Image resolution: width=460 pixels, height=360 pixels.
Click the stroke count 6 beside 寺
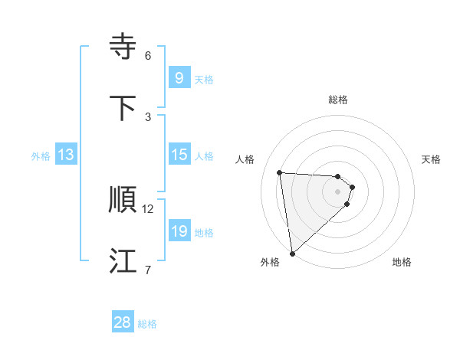148,56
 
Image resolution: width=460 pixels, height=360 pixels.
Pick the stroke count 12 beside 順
148,208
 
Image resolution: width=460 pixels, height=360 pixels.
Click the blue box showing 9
179,78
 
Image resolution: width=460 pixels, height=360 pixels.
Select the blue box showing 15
179,155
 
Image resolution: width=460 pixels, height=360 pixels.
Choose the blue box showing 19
179,231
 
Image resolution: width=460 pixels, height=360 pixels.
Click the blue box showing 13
66,155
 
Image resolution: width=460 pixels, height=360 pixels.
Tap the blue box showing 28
123,322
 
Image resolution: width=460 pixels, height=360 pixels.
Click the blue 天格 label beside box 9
204,79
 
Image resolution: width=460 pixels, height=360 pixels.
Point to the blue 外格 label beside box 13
41,155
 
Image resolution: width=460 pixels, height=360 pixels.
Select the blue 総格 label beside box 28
147,323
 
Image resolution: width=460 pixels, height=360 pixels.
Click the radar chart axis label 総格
338,100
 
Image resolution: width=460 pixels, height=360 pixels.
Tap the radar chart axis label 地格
402,262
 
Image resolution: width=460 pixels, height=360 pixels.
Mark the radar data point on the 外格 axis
292,253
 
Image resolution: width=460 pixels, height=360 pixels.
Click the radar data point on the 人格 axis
280,172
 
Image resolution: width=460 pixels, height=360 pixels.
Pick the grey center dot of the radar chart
338,191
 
